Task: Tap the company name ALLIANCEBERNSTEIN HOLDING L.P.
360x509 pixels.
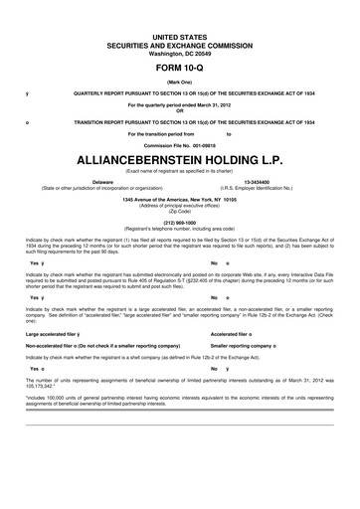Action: coord(180,158)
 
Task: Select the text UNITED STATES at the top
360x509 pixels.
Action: coord(180,35)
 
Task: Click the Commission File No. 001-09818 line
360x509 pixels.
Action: coord(180,142)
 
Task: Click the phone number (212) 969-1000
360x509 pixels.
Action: coord(180,223)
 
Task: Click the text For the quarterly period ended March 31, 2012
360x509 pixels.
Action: coord(180,103)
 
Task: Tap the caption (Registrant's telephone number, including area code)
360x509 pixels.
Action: coord(180,229)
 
